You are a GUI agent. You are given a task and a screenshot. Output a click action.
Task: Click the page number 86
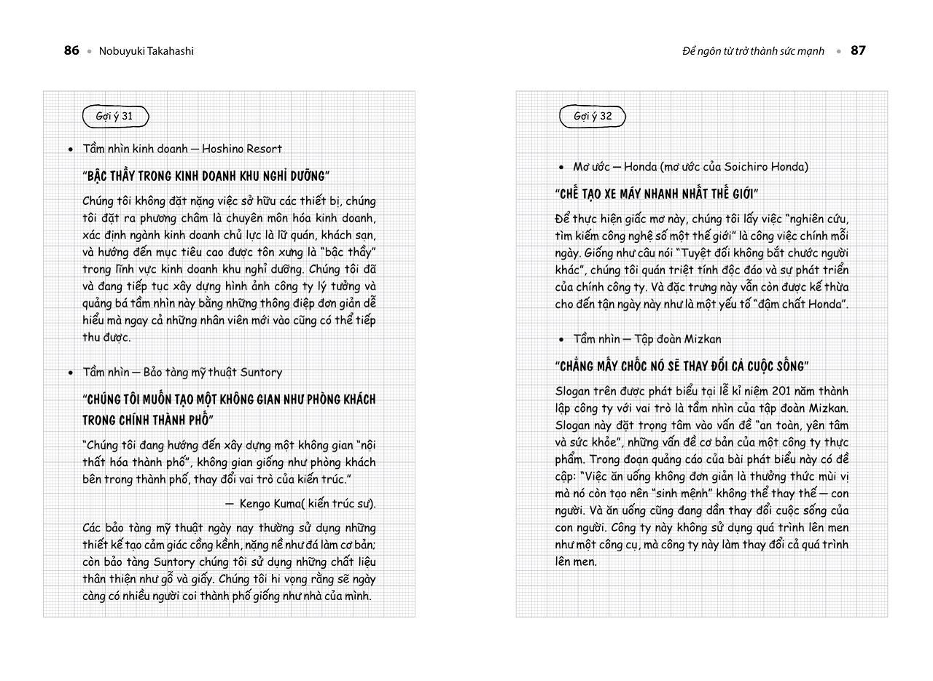pos(71,50)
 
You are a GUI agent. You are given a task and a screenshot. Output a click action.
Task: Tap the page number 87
pos(858,50)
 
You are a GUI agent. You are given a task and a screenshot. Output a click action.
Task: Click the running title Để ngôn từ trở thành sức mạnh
pos(753,51)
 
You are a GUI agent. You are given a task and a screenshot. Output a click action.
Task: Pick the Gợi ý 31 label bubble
pos(115,116)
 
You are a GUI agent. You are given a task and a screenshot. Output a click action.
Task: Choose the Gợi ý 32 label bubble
pos(592,116)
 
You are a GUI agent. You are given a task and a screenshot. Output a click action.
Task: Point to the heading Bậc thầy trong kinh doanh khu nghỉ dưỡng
pos(206,176)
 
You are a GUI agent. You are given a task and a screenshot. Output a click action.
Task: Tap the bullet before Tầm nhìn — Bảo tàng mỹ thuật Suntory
pos(71,373)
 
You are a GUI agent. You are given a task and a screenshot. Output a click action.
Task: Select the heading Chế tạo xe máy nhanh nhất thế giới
pos(657,193)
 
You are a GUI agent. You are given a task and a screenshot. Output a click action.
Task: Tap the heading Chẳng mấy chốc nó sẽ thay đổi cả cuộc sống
pos(682,365)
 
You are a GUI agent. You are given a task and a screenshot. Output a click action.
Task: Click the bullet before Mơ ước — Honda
pos(561,167)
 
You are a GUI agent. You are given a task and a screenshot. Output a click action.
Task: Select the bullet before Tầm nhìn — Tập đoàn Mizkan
pos(561,339)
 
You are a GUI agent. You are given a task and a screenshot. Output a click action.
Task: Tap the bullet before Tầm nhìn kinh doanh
pos(71,149)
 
